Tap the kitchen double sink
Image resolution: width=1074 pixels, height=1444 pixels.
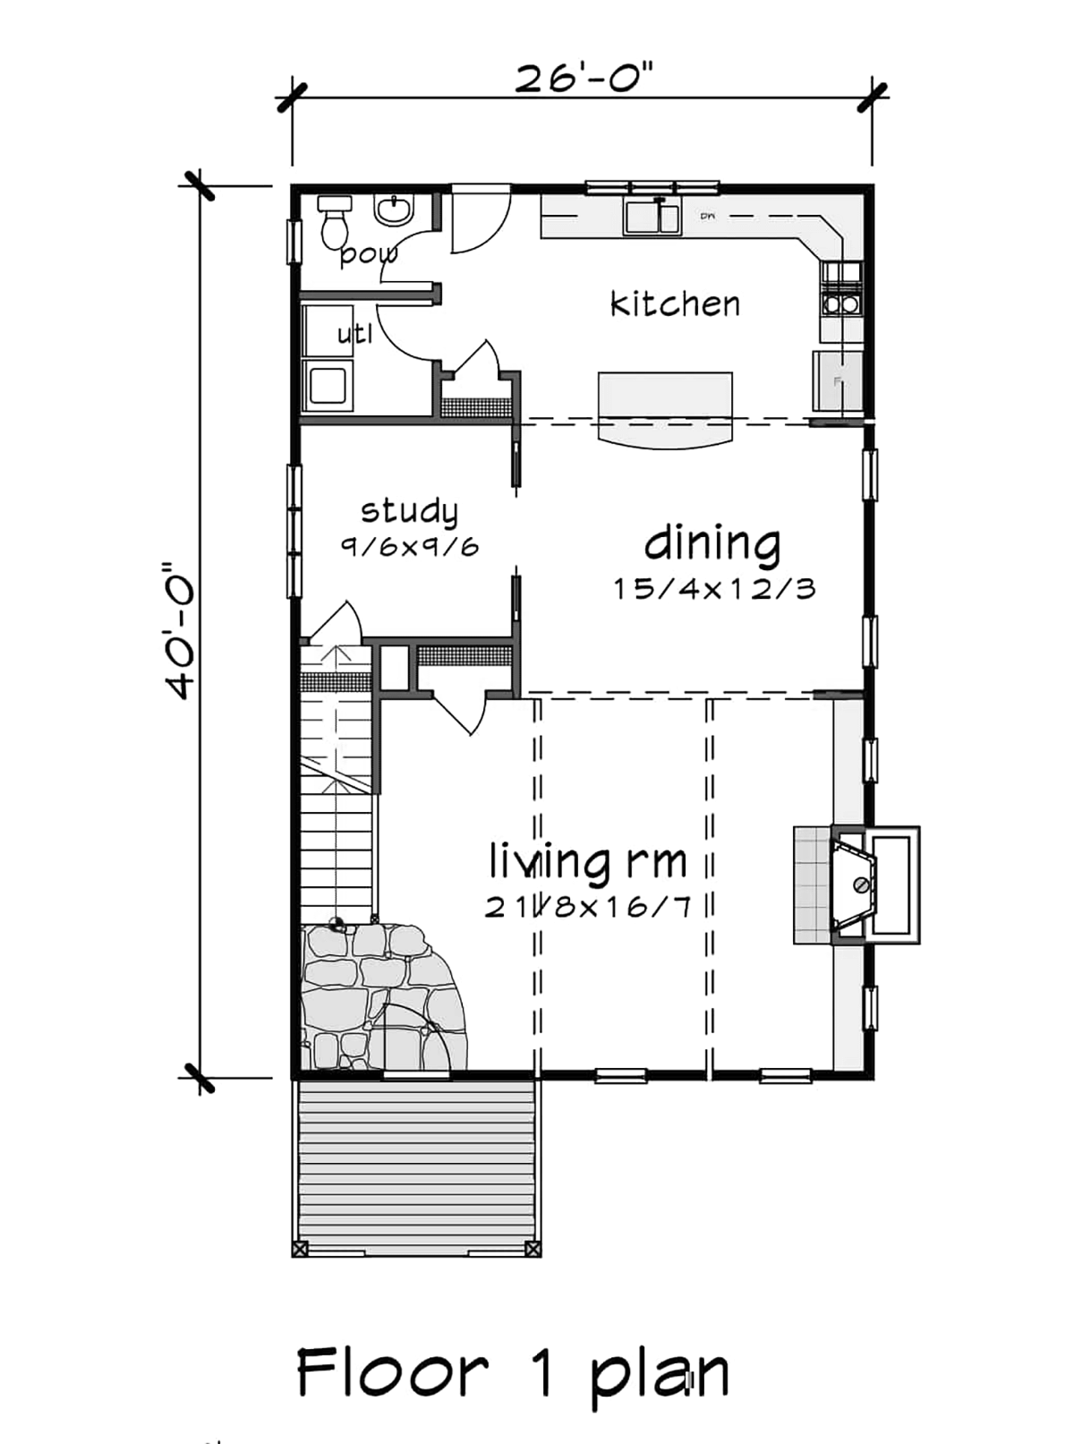click(652, 218)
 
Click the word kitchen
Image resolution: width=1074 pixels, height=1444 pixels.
click(675, 304)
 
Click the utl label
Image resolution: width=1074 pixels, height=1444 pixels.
click(354, 335)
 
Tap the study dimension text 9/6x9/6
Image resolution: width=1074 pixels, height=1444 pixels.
click(409, 546)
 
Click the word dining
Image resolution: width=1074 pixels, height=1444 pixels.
click(712, 543)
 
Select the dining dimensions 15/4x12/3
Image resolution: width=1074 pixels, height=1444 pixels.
click(714, 589)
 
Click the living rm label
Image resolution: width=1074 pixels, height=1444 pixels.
click(588, 861)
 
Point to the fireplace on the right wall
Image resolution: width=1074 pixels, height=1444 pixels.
click(864, 884)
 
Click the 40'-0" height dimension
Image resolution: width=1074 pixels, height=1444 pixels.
click(180, 631)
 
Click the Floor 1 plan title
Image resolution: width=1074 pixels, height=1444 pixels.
click(513, 1372)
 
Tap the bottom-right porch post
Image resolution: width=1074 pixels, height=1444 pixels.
click(533, 1248)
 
